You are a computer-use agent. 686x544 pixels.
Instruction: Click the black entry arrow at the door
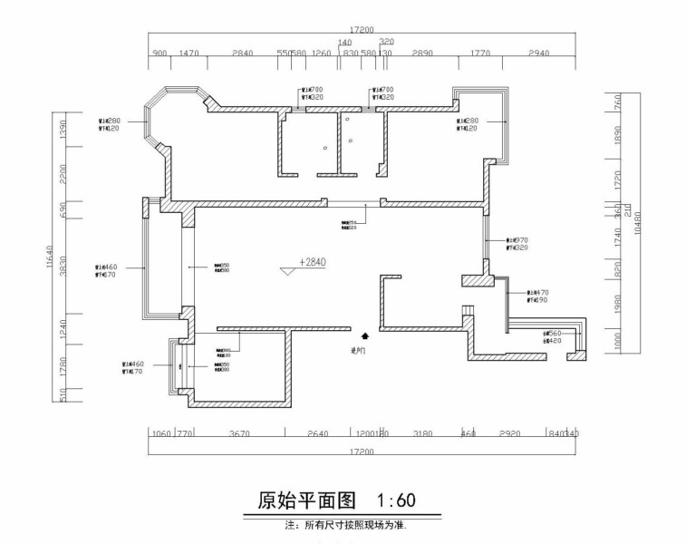(364, 335)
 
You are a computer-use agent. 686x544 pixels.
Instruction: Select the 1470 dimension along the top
(188, 54)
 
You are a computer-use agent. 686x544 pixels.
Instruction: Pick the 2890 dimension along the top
(422, 54)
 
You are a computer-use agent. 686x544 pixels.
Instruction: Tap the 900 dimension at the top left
(159, 54)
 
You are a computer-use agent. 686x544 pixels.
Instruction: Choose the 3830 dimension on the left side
(63, 269)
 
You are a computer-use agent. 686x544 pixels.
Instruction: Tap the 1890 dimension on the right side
(617, 136)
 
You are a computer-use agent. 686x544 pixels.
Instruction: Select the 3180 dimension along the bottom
(422, 434)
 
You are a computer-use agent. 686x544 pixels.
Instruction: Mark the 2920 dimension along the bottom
(509, 434)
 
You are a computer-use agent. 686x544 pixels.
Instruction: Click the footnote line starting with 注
(344, 525)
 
